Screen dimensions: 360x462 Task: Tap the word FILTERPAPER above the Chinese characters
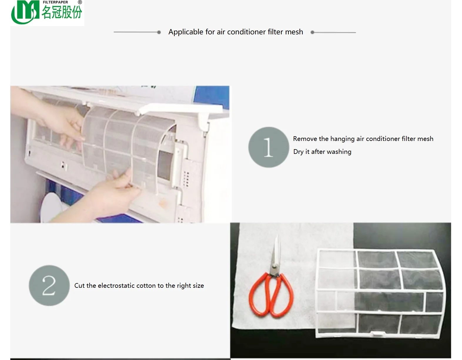pos(55,2)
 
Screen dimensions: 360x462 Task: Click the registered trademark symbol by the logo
pos(80,2)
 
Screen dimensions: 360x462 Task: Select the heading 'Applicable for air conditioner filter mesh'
pos(235,32)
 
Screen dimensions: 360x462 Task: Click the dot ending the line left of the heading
pos(159,32)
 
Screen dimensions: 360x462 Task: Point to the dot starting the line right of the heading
pos(312,32)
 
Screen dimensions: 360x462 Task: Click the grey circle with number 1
pos(269,147)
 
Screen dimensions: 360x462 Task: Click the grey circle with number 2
pos(49,285)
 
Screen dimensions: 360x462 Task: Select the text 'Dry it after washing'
pos(322,152)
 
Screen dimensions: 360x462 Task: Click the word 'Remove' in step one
pos(305,139)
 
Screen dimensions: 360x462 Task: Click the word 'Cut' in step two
pos(79,286)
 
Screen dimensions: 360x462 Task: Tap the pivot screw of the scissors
pos(275,266)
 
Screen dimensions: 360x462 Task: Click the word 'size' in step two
pos(198,286)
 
